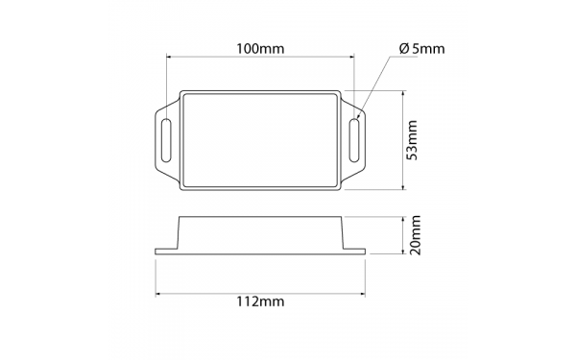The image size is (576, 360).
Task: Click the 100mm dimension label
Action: [261, 47]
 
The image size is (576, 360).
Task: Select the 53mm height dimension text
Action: [413, 140]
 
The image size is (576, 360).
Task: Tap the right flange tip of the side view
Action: [364, 251]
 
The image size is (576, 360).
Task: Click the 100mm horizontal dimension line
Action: [261, 58]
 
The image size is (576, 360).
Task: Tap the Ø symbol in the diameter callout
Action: [400, 49]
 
